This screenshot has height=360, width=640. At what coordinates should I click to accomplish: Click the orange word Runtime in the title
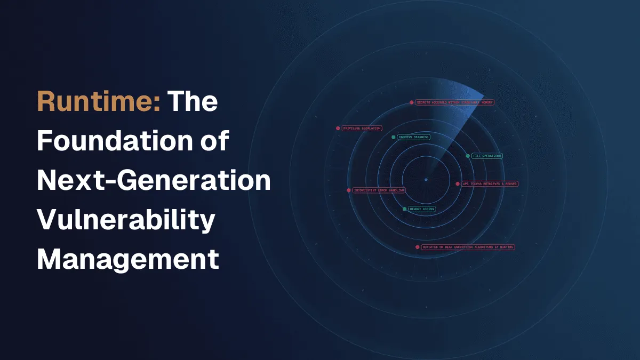tap(99, 101)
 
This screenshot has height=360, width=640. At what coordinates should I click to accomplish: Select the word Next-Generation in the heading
tap(154, 181)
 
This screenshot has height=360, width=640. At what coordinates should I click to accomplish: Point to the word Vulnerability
tap(125, 220)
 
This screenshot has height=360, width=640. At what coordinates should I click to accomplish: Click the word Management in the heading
tap(128, 260)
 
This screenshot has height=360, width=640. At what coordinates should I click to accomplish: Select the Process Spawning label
tap(414, 137)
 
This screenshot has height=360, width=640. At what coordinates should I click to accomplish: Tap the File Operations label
tap(487, 156)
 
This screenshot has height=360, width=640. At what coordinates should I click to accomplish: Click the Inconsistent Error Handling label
tap(379, 190)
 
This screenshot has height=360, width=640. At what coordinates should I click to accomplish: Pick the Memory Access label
tap(421, 209)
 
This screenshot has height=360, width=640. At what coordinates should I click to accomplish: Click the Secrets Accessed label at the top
tap(455, 102)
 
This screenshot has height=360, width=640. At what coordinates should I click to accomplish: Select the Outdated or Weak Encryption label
tap(468, 247)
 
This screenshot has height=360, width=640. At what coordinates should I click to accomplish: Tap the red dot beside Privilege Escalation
tap(338, 129)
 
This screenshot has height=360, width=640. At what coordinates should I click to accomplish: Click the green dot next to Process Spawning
tap(394, 137)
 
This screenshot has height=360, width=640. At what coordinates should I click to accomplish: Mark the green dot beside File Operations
tap(468, 156)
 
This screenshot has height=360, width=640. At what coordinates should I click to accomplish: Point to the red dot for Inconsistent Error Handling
tap(349, 190)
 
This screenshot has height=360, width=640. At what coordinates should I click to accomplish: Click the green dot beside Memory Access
tap(404, 209)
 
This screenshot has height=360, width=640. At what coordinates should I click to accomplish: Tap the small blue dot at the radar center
tap(426, 180)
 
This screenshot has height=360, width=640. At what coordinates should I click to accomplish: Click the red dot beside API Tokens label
tap(458, 183)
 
